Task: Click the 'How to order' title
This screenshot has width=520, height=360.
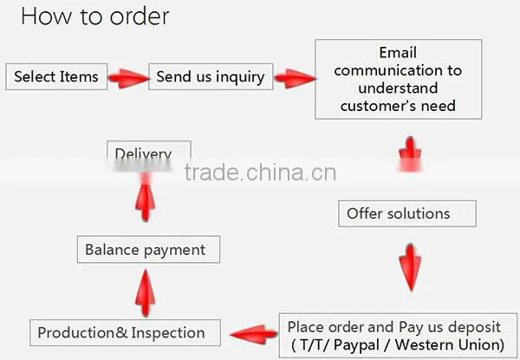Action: pos(95,16)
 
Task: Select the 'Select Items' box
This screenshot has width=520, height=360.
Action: pos(56,76)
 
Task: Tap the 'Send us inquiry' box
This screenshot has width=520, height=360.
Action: pos(211,76)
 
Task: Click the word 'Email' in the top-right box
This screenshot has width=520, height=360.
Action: pos(398,52)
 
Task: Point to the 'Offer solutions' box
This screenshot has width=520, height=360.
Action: pos(407,213)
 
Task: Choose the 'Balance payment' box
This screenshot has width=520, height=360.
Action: pos(148,250)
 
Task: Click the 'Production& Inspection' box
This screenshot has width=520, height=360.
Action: pos(125,333)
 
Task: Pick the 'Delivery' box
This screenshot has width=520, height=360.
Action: pos(149,151)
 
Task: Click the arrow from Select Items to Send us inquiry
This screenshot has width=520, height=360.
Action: pos(128,78)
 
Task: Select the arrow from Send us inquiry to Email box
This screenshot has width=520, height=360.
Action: pos(295,78)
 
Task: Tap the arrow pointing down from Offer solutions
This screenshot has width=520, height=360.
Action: pos(411,267)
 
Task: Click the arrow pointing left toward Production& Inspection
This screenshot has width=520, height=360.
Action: pos(254,335)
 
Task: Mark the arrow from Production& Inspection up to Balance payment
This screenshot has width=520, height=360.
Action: pos(146,292)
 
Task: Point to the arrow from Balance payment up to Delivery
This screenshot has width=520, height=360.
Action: pos(146,198)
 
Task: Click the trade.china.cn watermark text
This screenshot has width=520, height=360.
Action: pos(260,173)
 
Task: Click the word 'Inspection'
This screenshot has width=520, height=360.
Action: pos(168,333)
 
